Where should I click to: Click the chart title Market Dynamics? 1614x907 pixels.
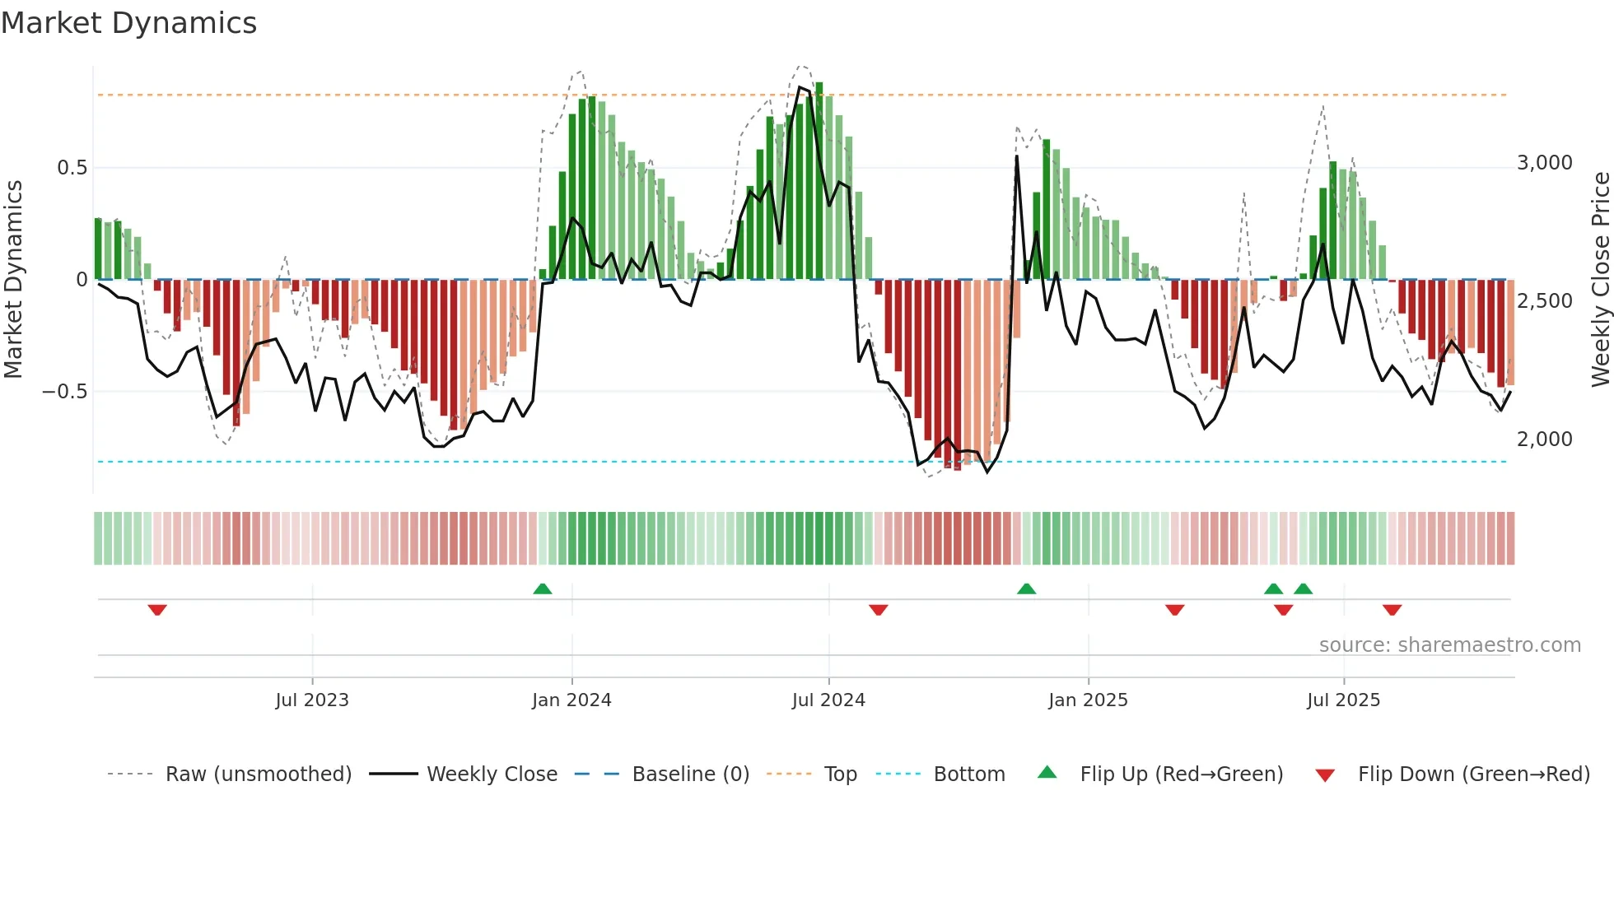click(x=128, y=23)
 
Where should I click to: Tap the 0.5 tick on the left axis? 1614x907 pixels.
click(x=72, y=168)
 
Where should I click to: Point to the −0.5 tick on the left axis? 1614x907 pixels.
click(x=65, y=392)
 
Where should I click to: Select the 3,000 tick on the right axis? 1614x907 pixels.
click(x=1544, y=163)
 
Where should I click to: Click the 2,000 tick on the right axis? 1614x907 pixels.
click(x=1544, y=440)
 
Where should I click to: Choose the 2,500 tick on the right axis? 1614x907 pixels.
click(x=1544, y=301)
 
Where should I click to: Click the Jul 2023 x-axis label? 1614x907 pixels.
click(x=312, y=700)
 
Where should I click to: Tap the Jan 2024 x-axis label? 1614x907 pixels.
click(x=571, y=700)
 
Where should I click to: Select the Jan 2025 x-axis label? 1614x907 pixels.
click(x=1088, y=700)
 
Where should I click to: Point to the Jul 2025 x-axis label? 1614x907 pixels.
click(x=1343, y=700)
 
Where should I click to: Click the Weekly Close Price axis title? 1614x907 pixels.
click(x=1600, y=280)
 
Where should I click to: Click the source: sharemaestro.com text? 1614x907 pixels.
click(x=1449, y=645)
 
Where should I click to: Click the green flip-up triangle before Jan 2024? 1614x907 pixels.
click(x=542, y=588)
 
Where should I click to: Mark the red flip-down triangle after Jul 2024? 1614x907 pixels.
click(x=878, y=610)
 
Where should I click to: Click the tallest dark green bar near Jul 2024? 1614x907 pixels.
click(x=819, y=181)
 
